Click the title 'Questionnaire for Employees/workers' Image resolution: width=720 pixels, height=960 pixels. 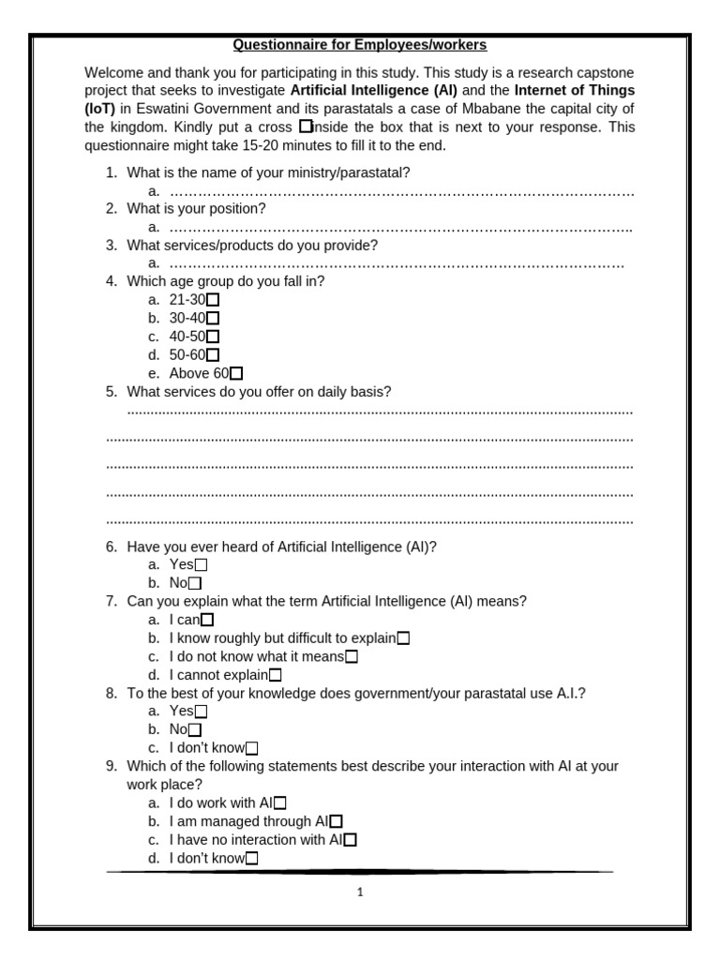[x=360, y=44]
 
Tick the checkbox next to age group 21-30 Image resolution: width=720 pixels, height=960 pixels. [x=213, y=300]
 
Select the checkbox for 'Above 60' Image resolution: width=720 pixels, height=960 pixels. [x=236, y=374]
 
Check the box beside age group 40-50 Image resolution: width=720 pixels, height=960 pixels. [x=213, y=337]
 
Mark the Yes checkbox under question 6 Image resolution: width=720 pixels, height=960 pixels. [x=201, y=565]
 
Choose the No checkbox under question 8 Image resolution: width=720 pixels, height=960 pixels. [x=195, y=729]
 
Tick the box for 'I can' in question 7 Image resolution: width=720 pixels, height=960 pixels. [x=208, y=620]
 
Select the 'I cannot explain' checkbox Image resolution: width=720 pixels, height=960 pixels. [x=276, y=675]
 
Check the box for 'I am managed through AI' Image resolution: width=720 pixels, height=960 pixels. [x=337, y=822]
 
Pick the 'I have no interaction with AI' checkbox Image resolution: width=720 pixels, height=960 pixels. [x=351, y=840]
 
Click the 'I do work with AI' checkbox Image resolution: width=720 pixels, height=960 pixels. [x=280, y=803]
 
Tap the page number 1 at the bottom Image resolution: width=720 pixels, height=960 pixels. [x=360, y=892]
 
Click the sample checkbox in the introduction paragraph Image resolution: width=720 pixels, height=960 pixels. [x=306, y=127]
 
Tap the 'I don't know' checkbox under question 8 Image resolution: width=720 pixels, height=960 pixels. [x=251, y=748]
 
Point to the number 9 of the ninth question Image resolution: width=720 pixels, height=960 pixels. [x=111, y=766]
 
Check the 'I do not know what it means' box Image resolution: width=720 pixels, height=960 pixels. [x=352, y=657]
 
